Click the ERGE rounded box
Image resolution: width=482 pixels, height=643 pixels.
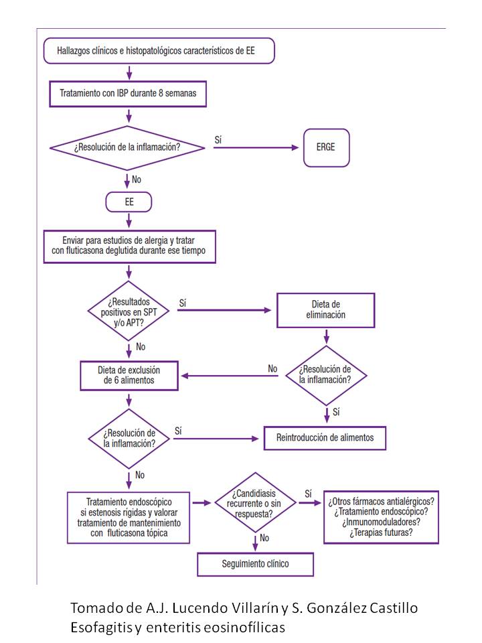[326, 147]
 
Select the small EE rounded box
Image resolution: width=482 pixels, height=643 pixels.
[129, 202]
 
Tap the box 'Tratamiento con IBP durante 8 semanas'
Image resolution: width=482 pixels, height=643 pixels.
[128, 94]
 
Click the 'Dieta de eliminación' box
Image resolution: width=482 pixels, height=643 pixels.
[326, 310]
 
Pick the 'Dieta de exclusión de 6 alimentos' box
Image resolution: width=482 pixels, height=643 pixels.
[129, 375]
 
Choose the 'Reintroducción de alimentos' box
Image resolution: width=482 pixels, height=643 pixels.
[325, 438]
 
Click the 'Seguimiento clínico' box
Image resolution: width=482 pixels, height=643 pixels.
[255, 564]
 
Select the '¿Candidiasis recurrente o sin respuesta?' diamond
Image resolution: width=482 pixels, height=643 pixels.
[255, 503]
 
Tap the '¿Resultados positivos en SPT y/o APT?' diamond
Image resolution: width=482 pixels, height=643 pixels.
[129, 311]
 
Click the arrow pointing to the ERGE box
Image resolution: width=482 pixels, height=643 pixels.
[256, 147]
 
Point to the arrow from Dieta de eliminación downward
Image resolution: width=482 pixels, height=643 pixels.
[327, 336]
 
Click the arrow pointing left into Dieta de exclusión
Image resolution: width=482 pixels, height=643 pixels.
[230, 376]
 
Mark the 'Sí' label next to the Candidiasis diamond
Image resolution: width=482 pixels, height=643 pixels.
[308, 494]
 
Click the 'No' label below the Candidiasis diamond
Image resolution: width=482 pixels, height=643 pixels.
[264, 538]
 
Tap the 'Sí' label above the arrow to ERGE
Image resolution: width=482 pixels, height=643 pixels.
[218, 140]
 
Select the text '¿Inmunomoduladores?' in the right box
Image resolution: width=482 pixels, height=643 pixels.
[381, 522]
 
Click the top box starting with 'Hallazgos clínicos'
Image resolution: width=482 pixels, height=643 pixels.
[159, 51]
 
